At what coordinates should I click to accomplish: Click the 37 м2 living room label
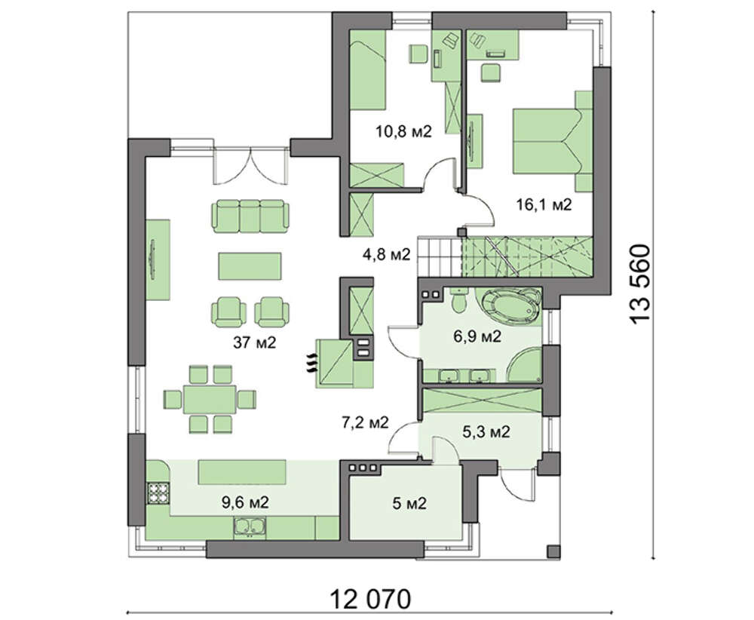pos(254,342)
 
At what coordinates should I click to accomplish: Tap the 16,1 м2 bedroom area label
pos(544,205)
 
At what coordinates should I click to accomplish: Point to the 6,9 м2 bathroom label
pos(477,336)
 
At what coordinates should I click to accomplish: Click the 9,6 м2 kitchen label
pos(245,503)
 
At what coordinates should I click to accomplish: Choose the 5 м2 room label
pos(409,504)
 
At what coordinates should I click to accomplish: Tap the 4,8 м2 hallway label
pos(386,254)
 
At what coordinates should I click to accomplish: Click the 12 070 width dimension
pos(370,600)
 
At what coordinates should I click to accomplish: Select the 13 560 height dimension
pos(641,284)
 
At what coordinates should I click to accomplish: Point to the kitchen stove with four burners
pos(158,492)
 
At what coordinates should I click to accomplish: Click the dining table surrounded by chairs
pos(210,399)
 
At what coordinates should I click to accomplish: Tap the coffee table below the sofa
pos(250,266)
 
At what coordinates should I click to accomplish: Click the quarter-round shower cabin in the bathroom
pos(524,364)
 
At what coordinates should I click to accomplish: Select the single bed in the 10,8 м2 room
pos(368,75)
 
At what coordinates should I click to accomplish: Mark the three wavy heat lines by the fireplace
pos(311,362)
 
